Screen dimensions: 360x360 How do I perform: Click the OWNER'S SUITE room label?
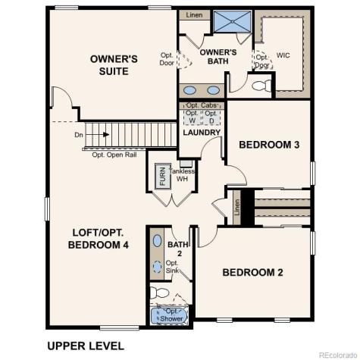point(114,64)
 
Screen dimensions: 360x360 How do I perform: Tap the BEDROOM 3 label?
point(265,144)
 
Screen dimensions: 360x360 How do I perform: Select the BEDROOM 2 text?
point(252,272)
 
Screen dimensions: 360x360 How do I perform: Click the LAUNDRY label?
point(202,133)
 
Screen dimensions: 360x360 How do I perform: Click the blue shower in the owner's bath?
point(232,21)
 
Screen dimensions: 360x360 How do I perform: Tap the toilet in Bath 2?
point(158,293)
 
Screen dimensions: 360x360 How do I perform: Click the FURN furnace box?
point(162,177)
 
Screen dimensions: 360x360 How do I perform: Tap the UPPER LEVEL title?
point(85,346)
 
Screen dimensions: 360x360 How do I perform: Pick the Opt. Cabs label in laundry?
point(202,105)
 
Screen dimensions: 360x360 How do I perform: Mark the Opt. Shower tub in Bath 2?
point(167,313)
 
